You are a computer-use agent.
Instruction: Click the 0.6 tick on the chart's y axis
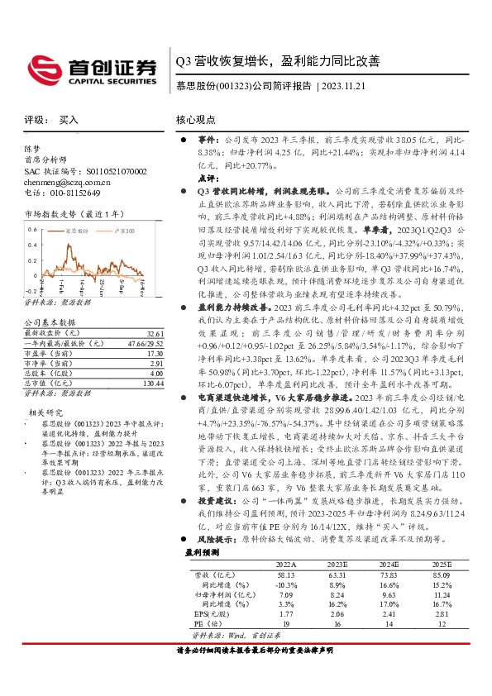[x=31, y=226]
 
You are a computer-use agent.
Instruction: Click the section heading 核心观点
[x=195, y=120]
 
